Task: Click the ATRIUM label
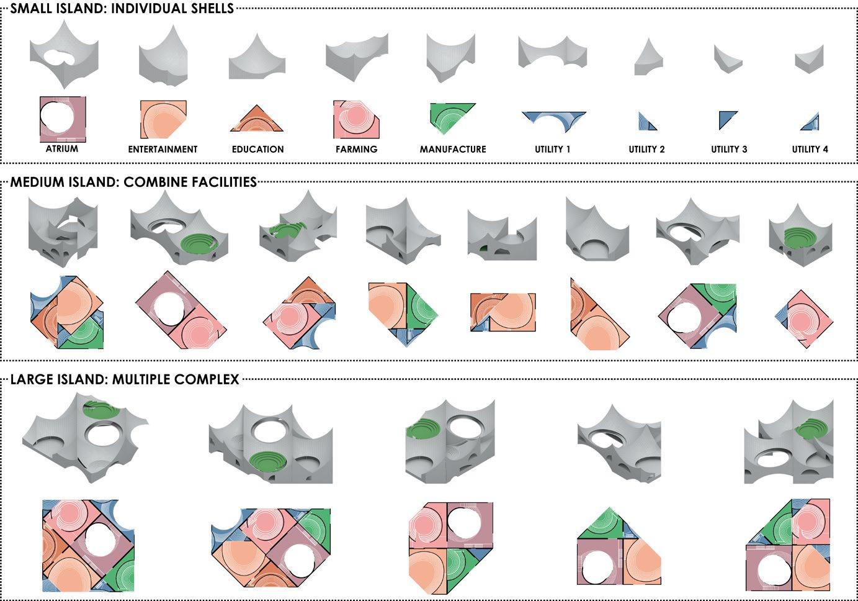tap(62, 149)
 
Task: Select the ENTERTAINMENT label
tap(163, 149)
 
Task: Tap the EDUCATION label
tap(257, 149)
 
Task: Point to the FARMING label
tap(356, 149)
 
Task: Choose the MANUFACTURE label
tap(453, 149)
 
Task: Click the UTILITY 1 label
tap(552, 149)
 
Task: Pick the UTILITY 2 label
tap(646, 149)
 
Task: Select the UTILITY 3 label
tap(729, 149)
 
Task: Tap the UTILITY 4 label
tap(810, 149)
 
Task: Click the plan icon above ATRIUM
tap(62, 119)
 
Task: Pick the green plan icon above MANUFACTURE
tap(451, 117)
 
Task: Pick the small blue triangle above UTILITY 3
tap(726, 119)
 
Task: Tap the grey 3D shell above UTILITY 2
tap(648, 58)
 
